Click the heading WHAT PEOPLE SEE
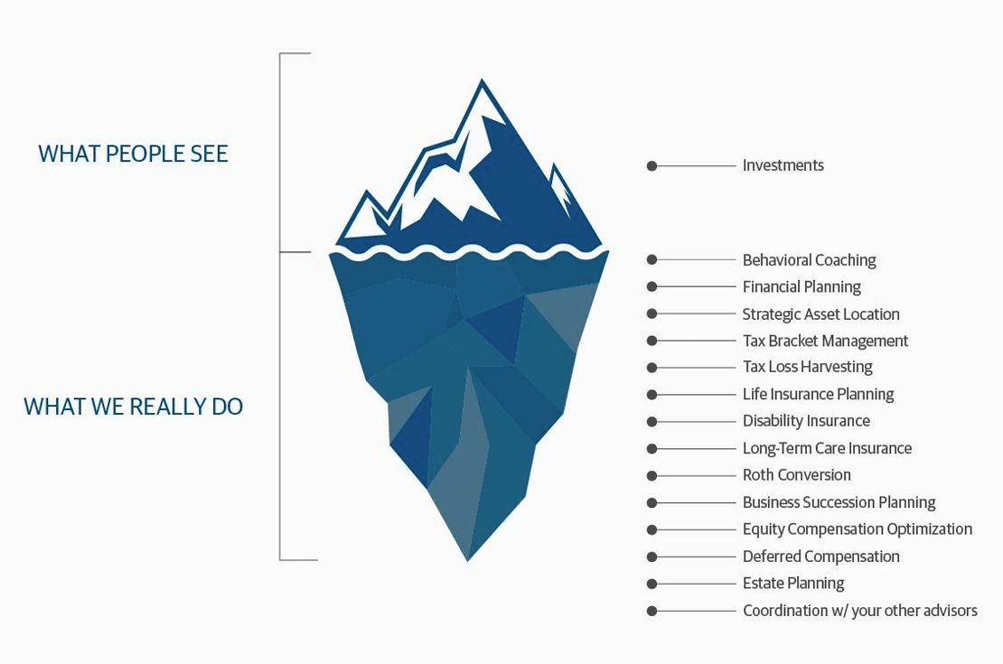(133, 154)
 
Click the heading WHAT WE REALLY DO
(133, 407)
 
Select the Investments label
(783, 165)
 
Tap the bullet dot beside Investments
(651, 166)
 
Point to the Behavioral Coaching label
(809, 260)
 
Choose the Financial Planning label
(801, 287)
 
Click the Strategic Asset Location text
(820, 314)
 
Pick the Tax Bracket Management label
(825, 341)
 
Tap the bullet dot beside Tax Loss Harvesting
(651, 368)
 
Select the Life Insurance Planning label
(818, 394)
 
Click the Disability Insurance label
(806, 421)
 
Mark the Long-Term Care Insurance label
(827, 448)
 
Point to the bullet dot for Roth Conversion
(651, 476)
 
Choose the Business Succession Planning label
(839, 502)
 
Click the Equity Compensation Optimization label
(857, 529)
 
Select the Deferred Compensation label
(820, 556)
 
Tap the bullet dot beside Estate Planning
(651, 584)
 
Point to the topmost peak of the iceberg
(483, 83)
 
